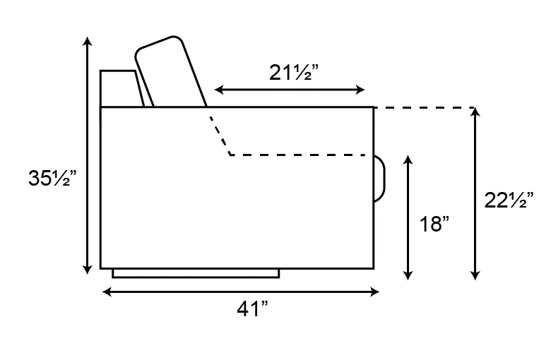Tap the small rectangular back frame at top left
(x=120, y=88)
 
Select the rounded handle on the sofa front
(x=379, y=178)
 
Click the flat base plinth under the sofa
(x=195, y=273)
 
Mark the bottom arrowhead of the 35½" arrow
(x=87, y=269)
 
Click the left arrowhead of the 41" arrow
(x=107, y=291)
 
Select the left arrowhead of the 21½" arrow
(x=218, y=90)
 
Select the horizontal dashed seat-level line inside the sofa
(x=300, y=155)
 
